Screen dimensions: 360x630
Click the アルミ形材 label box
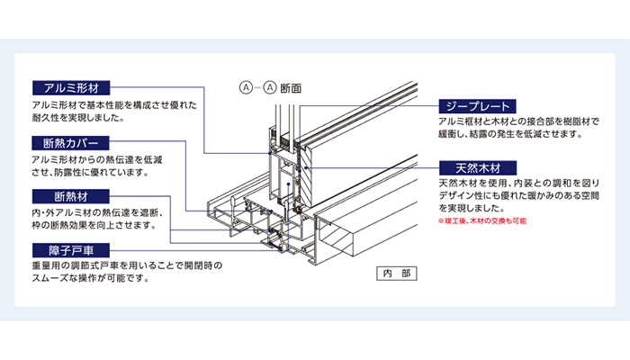70,88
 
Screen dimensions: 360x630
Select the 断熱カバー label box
70,143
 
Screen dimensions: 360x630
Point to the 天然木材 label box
475,168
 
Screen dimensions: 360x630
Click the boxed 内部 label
391,272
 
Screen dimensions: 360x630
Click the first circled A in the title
243,88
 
